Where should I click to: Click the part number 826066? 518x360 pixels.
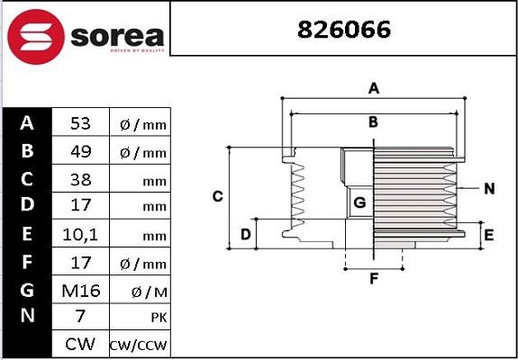pyautogui.click(x=345, y=30)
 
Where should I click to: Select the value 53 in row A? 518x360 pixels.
pyautogui.click(x=80, y=123)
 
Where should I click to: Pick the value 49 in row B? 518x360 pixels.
pyautogui.click(x=80, y=151)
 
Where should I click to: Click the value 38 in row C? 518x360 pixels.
pyautogui.click(x=80, y=179)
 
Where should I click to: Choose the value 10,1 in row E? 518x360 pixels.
pyautogui.click(x=80, y=235)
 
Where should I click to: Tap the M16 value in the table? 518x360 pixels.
pyautogui.click(x=80, y=290)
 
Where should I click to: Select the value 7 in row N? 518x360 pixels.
pyautogui.click(x=80, y=317)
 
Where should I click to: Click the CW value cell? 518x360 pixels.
pyautogui.click(x=80, y=345)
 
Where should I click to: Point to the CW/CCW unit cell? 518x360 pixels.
pyautogui.click(x=138, y=345)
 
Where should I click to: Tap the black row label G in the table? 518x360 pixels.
pyautogui.click(x=27, y=290)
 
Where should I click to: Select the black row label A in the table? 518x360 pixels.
pyautogui.click(x=27, y=123)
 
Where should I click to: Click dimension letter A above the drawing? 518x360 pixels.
pyautogui.click(x=372, y=88)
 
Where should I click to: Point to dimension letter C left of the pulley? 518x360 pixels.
pyautogui.click(x=217, y=196)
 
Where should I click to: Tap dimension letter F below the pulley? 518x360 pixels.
pyautogui.click(x=374, y=278)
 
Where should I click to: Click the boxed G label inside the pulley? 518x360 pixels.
pyautogui.click(x=359, y=202)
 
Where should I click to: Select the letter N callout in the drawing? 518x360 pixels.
pyautogui.click(x=489, y=189)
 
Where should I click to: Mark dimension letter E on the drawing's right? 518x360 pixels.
pyautogui.click(x=489, y=236)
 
